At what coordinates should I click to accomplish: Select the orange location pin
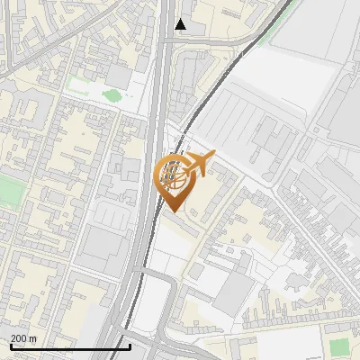tap(173, 180)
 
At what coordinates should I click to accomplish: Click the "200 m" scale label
tap(24, 338)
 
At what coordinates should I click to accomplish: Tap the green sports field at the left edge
tap(9, 191)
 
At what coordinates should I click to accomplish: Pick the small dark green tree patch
tap(112, 94)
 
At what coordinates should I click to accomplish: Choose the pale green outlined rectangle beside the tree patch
tap(79, 86)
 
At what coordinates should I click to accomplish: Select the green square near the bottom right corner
tap(338, 346)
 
